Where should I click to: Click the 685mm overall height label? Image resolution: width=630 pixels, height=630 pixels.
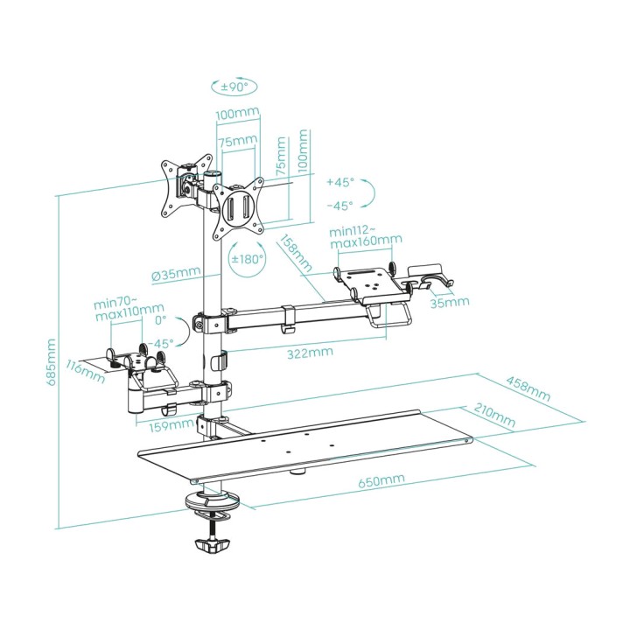52,362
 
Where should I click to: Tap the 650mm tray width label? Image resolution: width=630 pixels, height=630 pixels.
381,481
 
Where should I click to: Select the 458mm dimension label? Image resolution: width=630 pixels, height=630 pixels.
528,388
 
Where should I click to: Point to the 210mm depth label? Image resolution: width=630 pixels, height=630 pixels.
494,414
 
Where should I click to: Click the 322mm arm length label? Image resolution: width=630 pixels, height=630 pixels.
310,353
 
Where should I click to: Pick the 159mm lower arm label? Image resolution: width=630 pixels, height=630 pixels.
171,426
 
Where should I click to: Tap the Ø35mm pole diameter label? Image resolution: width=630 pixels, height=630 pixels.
176,275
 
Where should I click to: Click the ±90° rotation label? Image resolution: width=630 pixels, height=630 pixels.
234,86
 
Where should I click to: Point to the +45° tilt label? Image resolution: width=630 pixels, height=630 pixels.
340,182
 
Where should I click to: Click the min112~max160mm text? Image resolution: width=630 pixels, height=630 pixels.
366,237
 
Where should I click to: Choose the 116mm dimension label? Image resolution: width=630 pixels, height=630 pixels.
85,373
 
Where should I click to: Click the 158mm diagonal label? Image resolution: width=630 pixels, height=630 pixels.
296,254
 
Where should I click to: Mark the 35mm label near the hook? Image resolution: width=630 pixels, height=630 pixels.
450,302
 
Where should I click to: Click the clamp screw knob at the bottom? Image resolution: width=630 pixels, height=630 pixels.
212,545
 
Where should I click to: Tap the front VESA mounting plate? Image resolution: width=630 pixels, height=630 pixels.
238,209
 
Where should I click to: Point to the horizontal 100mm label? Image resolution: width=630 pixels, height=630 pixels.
237,114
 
